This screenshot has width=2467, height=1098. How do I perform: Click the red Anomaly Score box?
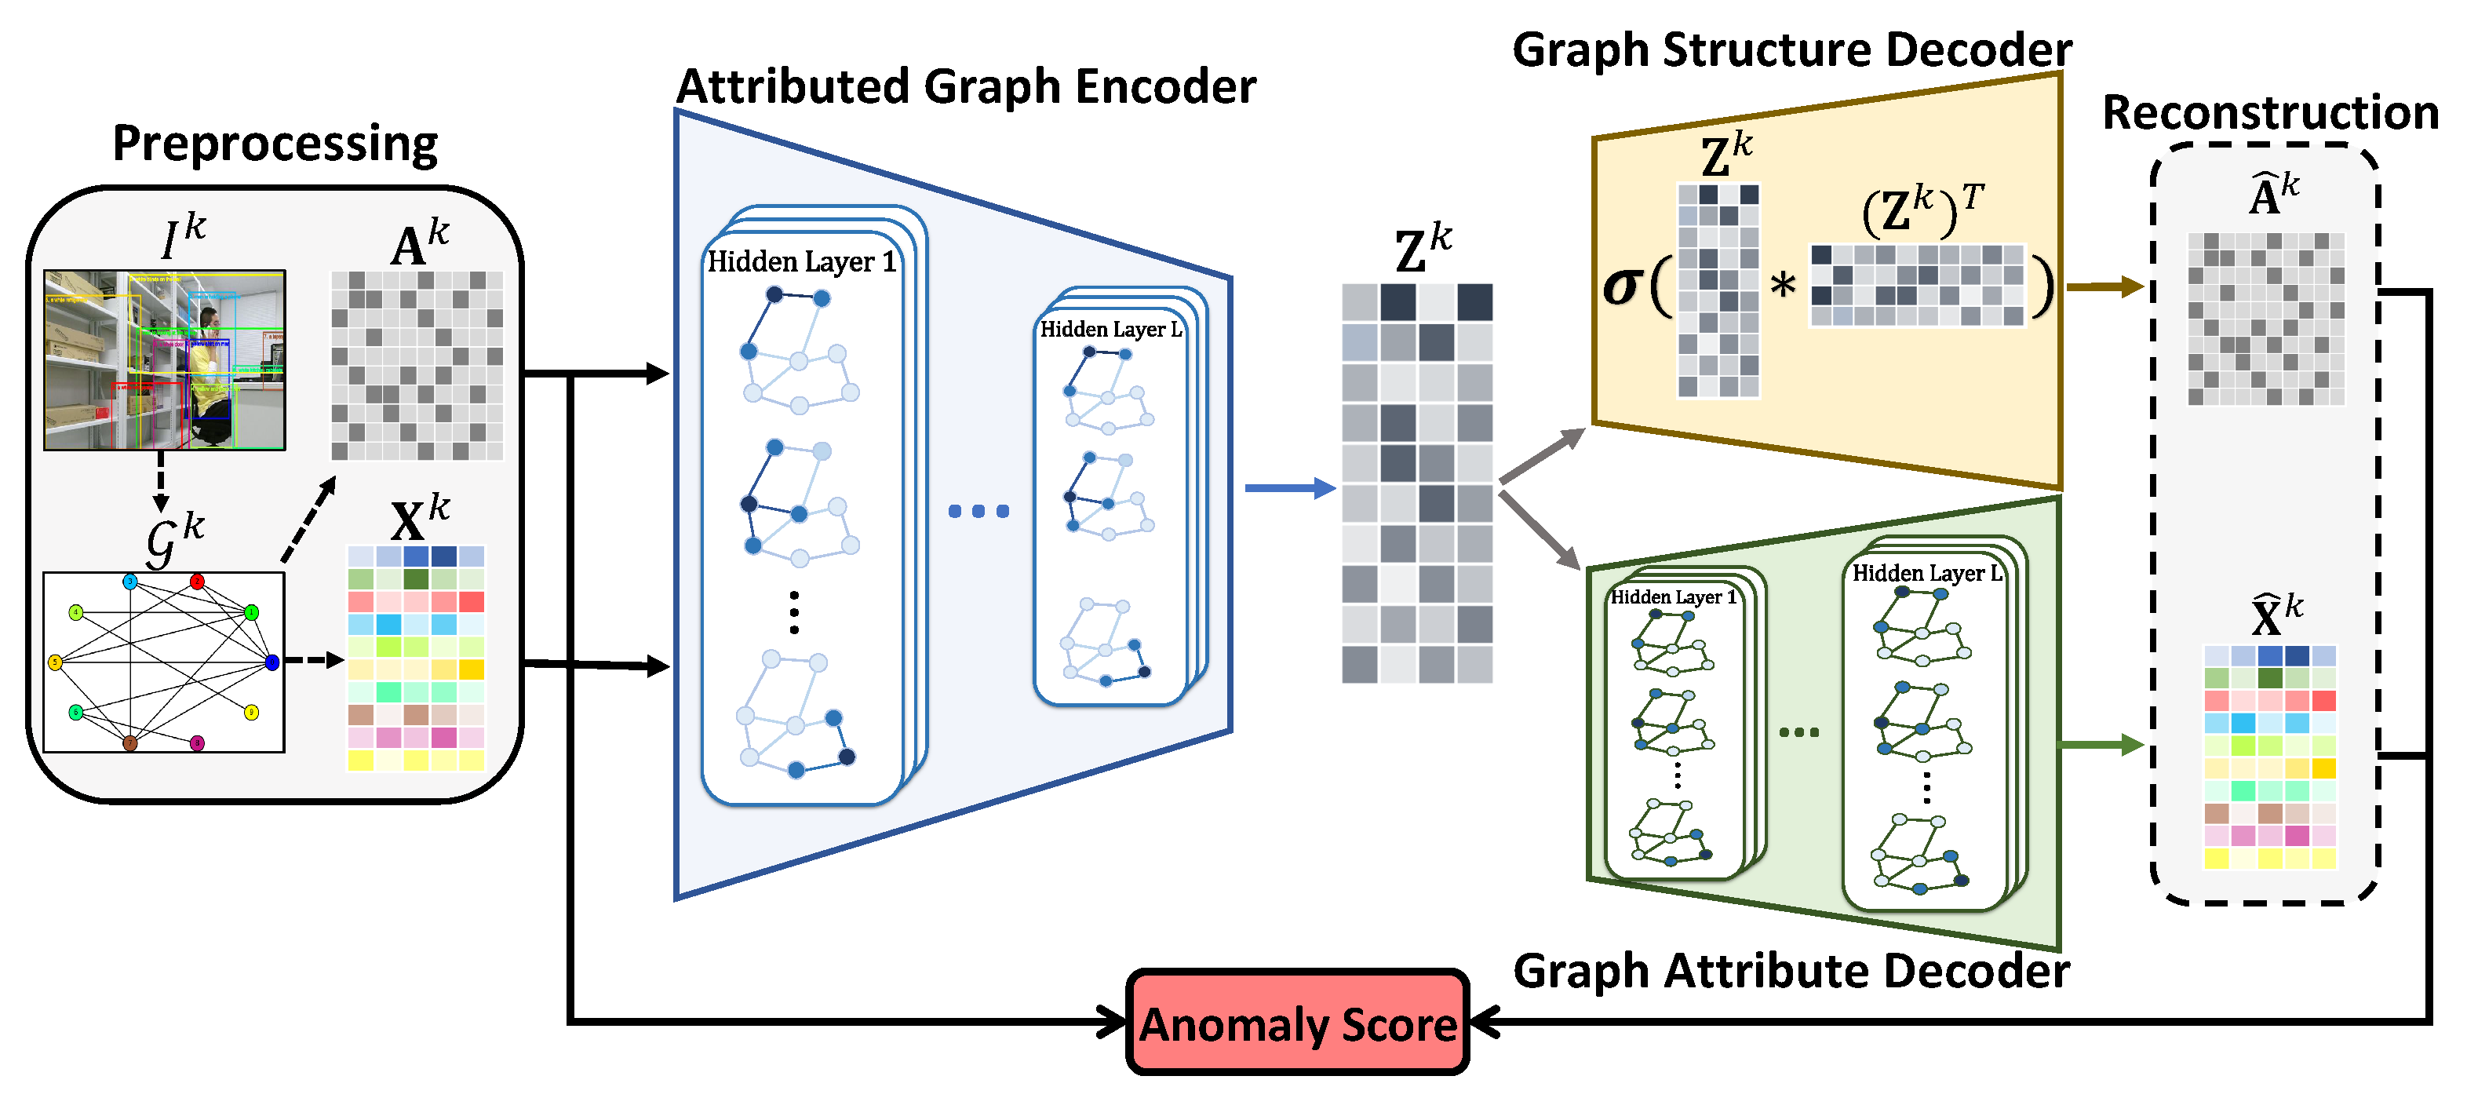tap(1297, 1023)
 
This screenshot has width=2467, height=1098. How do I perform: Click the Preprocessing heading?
tap(275, 144)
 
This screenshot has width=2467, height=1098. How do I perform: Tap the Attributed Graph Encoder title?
tap(965, 87)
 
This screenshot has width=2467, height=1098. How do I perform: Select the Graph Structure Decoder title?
tap(1791, 49)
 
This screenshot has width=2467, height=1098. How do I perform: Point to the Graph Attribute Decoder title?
tap(1791, 971)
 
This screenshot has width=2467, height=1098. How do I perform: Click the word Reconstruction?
tap(2270, 113)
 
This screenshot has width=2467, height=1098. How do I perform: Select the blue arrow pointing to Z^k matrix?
tap(1289, 489)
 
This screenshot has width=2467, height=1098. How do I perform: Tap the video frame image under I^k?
tap(165, 360)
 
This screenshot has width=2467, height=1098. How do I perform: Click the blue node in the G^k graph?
tap(272, 662)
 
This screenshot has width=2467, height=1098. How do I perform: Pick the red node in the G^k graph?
tap(196, 582)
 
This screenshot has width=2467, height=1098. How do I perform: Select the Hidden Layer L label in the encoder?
tap(1110, 330)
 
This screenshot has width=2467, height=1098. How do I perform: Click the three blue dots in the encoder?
tap(978, 511)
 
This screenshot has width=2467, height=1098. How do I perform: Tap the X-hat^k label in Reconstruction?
tap(2275, 616)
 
